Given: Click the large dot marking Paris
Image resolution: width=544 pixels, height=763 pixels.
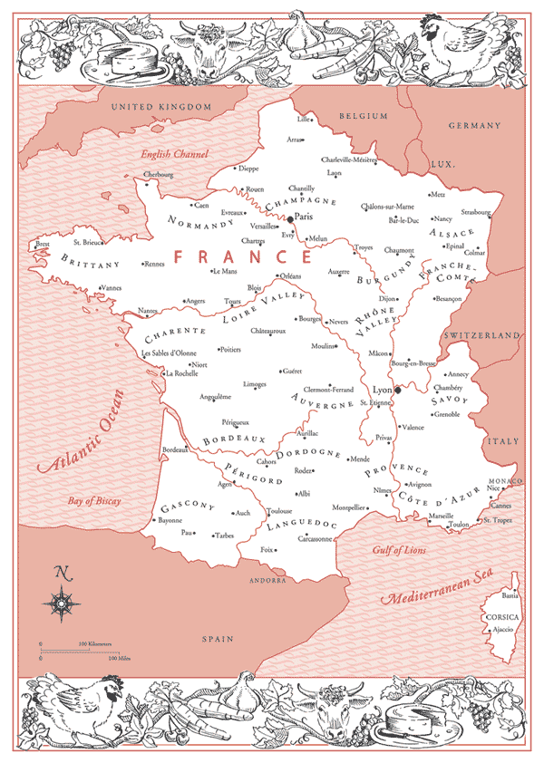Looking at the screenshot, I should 290,219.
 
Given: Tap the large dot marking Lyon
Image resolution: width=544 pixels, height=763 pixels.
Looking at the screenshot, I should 397,391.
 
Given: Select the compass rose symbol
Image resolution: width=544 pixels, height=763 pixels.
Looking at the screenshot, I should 63,600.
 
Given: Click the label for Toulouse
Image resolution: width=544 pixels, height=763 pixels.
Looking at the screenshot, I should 279,511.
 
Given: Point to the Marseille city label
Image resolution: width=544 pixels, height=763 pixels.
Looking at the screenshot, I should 442,516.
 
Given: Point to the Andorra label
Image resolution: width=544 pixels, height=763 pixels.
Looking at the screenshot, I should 268,579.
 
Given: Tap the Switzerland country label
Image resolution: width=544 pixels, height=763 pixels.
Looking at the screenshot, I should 482,335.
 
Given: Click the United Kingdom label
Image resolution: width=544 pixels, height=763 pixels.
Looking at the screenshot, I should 160,107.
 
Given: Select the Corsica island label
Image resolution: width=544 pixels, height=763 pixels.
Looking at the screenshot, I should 500,615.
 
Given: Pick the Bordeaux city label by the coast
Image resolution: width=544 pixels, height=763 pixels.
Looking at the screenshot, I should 173,449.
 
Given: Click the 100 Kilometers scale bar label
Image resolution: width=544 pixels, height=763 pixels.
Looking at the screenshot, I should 94,644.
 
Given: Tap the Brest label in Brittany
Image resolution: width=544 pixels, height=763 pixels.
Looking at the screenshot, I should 43,244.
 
